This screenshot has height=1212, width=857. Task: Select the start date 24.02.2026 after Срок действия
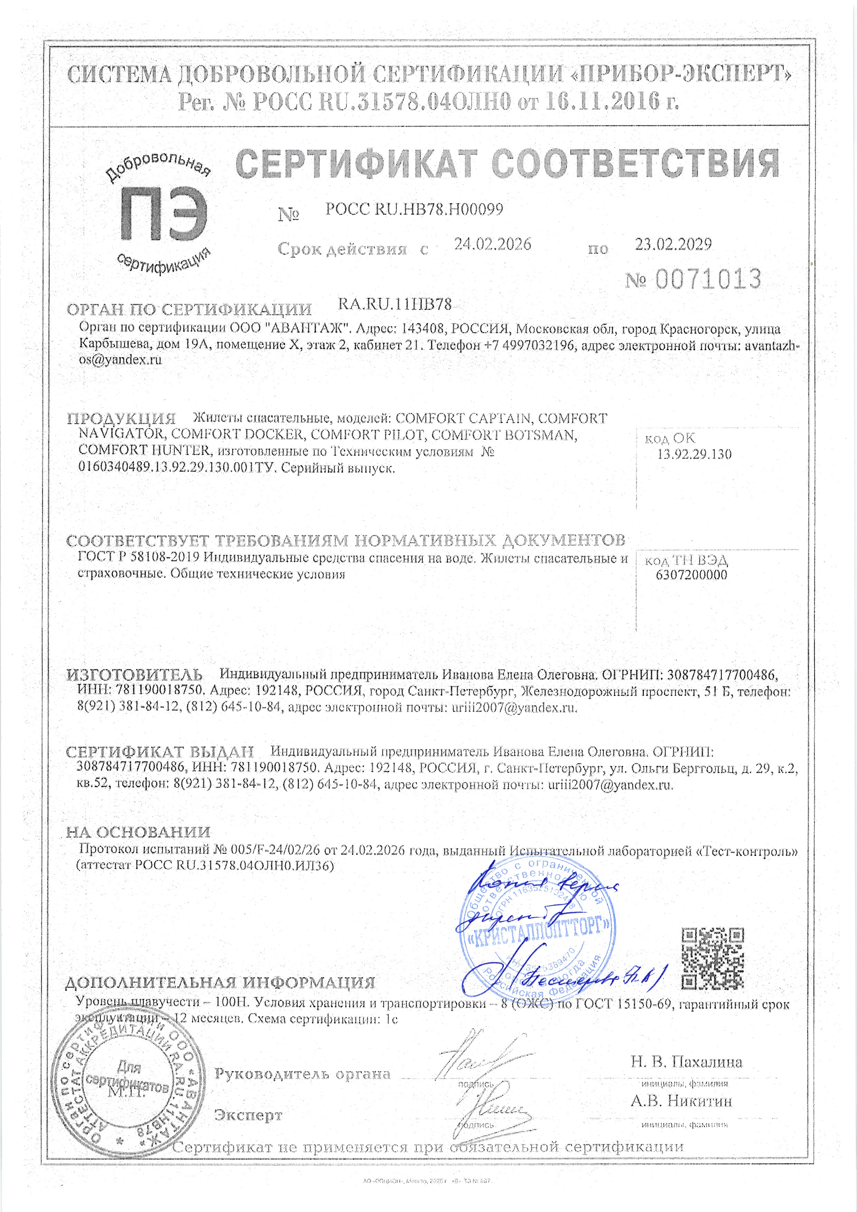492,244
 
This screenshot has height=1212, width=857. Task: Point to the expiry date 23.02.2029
673,244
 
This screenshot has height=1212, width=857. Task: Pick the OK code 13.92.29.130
694,455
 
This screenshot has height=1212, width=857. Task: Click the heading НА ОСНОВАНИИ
138,832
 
